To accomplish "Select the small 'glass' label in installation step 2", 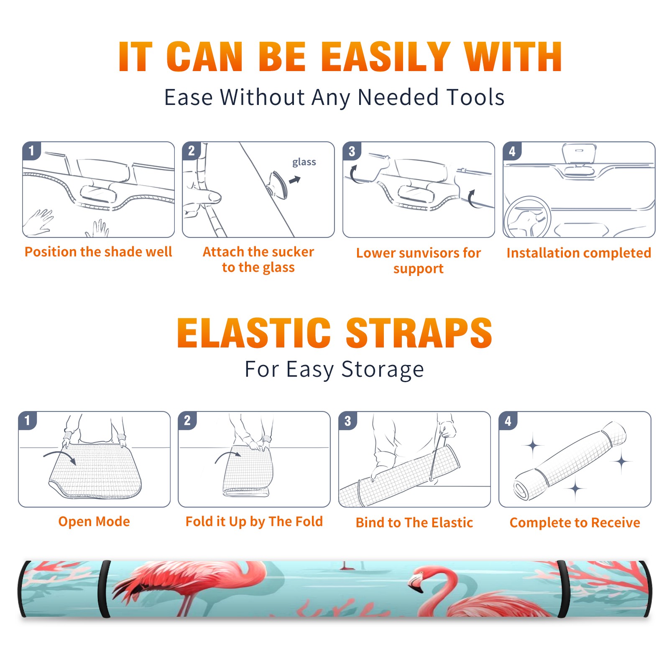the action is [x=304, y=162].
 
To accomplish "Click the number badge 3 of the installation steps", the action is [x=351, y=151].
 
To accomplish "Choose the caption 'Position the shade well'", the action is [x=98, y=252].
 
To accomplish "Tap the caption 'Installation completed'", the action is [x=579, y=253].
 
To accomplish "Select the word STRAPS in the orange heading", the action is [x=419, y=333].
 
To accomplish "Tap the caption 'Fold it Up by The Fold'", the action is [x=254, y=522].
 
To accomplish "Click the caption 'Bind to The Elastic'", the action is [x=414, y=523].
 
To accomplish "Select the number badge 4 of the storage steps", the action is [x=508, y=421].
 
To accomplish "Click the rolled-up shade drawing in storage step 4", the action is [x=570, y=461].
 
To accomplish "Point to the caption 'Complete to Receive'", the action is [x=575, y=523].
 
